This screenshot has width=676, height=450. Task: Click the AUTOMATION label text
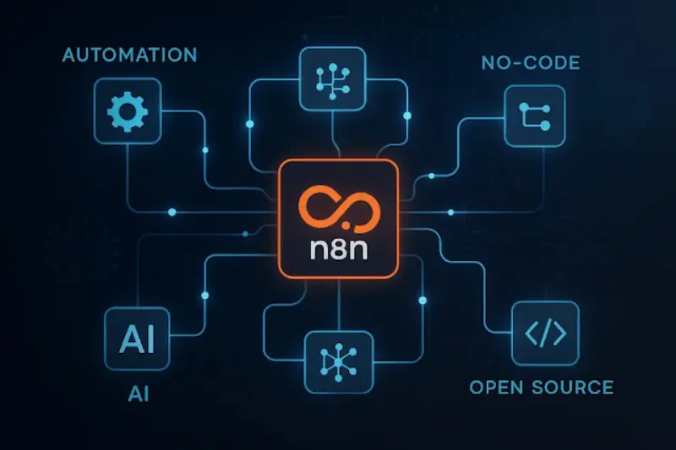pyautogui.click(x=130, y=56)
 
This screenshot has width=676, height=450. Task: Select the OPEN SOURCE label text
pyautogui.click(x=541, y=388)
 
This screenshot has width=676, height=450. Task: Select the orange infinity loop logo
pyautogui.click(x=337, y=206)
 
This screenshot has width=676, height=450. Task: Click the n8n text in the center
pyautogui.click(x=338, y=251)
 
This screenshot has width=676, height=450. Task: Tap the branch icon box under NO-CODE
pyautogui.click(x=533, y=117)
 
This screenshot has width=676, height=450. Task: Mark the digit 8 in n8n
pyautogui.click(x=338, y=251)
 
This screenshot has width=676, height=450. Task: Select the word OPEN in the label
pyautogui.click(x=495, y=388)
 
